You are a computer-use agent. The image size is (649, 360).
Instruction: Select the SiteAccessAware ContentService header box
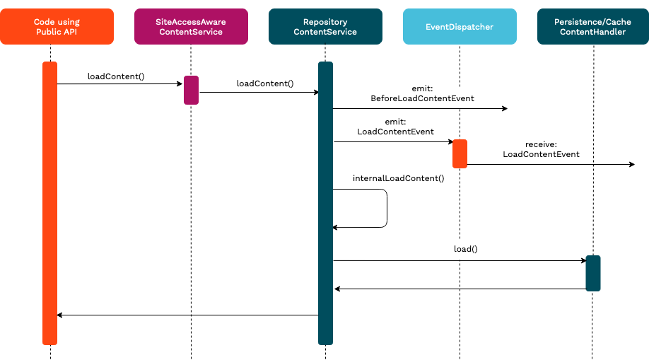[x=191, y=27]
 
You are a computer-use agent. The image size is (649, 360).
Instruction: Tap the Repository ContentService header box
[x=325, y=27]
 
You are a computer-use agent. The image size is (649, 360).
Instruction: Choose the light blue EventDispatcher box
[x=460, y=27]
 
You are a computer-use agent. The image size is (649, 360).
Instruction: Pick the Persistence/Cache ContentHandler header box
[x=592, y=27]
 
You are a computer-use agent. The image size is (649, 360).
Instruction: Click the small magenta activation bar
[x=191, y=90]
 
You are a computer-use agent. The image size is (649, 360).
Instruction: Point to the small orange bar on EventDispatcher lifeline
[x=460, y=153]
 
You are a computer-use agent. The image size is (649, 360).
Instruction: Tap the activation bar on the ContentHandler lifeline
[x=592, y=273]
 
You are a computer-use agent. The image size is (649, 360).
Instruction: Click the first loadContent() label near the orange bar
[x=116, y=76]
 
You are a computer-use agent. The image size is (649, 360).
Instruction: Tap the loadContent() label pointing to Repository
[x=264, y=83]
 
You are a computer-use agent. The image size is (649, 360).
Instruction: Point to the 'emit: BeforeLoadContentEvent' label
[x=422, y=94]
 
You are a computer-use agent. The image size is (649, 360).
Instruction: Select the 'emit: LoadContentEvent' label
[x=395, y=127]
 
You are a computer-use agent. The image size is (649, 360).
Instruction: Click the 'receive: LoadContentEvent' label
[x=541, y=149]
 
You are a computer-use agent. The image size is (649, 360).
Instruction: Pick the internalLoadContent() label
[x=398, y=178]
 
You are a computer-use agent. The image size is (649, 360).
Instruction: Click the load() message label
[x=466, y=250]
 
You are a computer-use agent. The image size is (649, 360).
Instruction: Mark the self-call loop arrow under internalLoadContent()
[x=387, y=209]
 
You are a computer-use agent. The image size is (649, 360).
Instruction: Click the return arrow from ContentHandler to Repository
[x=460, y=289]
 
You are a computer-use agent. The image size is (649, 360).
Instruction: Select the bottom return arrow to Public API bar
[x=187, y=315]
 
